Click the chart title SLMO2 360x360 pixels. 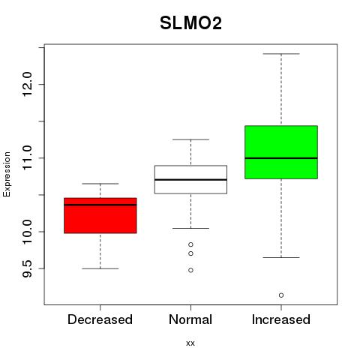[x=190, y=23]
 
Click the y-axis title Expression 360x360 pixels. [x=7, y=174]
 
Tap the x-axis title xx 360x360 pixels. [x=190, y=343]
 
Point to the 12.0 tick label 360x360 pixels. [x=27, y=84]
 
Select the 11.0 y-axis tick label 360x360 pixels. [x=27, y=157]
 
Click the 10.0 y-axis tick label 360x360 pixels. [x=27, y=232]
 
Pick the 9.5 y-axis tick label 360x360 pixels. [x=27, y=268]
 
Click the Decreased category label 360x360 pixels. [x=100, y=319]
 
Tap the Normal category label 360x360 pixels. [x=190, y=319]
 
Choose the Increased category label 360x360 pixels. [x=281, y=319]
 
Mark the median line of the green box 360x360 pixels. [x=281, y=158]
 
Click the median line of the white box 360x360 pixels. [x=190, y=180]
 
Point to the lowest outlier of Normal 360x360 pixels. [x=190, y=270]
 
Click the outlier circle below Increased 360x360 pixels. [x=281, y=295]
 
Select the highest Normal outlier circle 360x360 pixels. [x=190, y=244]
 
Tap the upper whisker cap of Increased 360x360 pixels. [x=281, y=54]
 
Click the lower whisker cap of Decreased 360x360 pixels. [x=100, y=268]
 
